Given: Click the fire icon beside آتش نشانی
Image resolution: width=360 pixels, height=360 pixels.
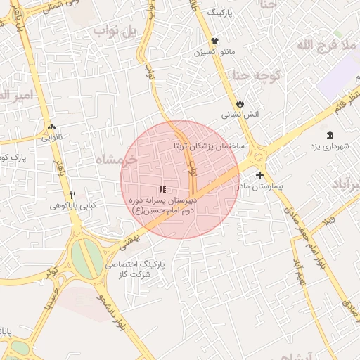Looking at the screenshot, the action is [x=240, y=103].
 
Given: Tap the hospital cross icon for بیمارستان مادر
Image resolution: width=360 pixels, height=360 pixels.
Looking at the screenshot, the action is [x=260, y=175].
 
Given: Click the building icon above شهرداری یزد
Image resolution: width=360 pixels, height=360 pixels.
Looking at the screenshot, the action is [x=330, y=135].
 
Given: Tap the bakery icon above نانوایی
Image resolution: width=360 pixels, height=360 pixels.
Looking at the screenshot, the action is [x=51, y=127].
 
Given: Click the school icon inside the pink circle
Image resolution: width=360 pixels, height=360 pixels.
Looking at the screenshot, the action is [x=162, y=189].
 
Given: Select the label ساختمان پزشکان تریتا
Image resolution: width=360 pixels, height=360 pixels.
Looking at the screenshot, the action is [x=209, y=146].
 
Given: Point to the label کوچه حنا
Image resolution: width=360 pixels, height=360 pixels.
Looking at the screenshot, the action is [x=247, y=75].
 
